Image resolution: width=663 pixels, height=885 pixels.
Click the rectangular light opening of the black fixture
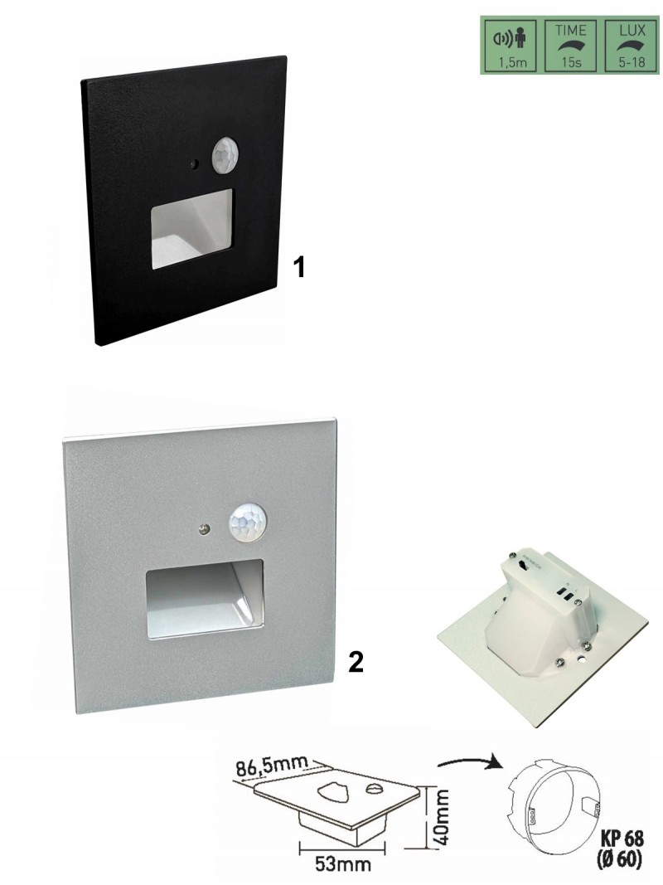[x=191, y=229]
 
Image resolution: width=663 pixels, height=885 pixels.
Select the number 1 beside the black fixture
[x=299, y=266]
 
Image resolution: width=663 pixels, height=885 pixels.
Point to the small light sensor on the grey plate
[x=204, y=528]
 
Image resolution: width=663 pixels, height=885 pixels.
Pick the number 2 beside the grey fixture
[x=356, y=663]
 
